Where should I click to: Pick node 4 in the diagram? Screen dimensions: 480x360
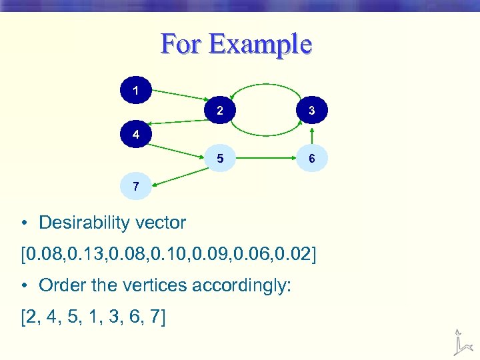click(136, 134)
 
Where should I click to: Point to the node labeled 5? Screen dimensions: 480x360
click(220, 159)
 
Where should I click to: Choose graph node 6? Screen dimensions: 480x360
click(311, 159)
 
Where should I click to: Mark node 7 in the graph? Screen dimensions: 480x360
click(136, 187)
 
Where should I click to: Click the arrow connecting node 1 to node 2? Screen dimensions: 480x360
click(180, 97)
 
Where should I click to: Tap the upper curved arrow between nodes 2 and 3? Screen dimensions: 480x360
click(265, 85)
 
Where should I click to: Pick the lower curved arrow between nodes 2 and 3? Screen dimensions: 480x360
click(265, 134)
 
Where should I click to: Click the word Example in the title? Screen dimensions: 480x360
click(259, 45)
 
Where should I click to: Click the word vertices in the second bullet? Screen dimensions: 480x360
click(157, 285)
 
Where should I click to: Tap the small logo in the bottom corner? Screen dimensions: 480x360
click(459, 341)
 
